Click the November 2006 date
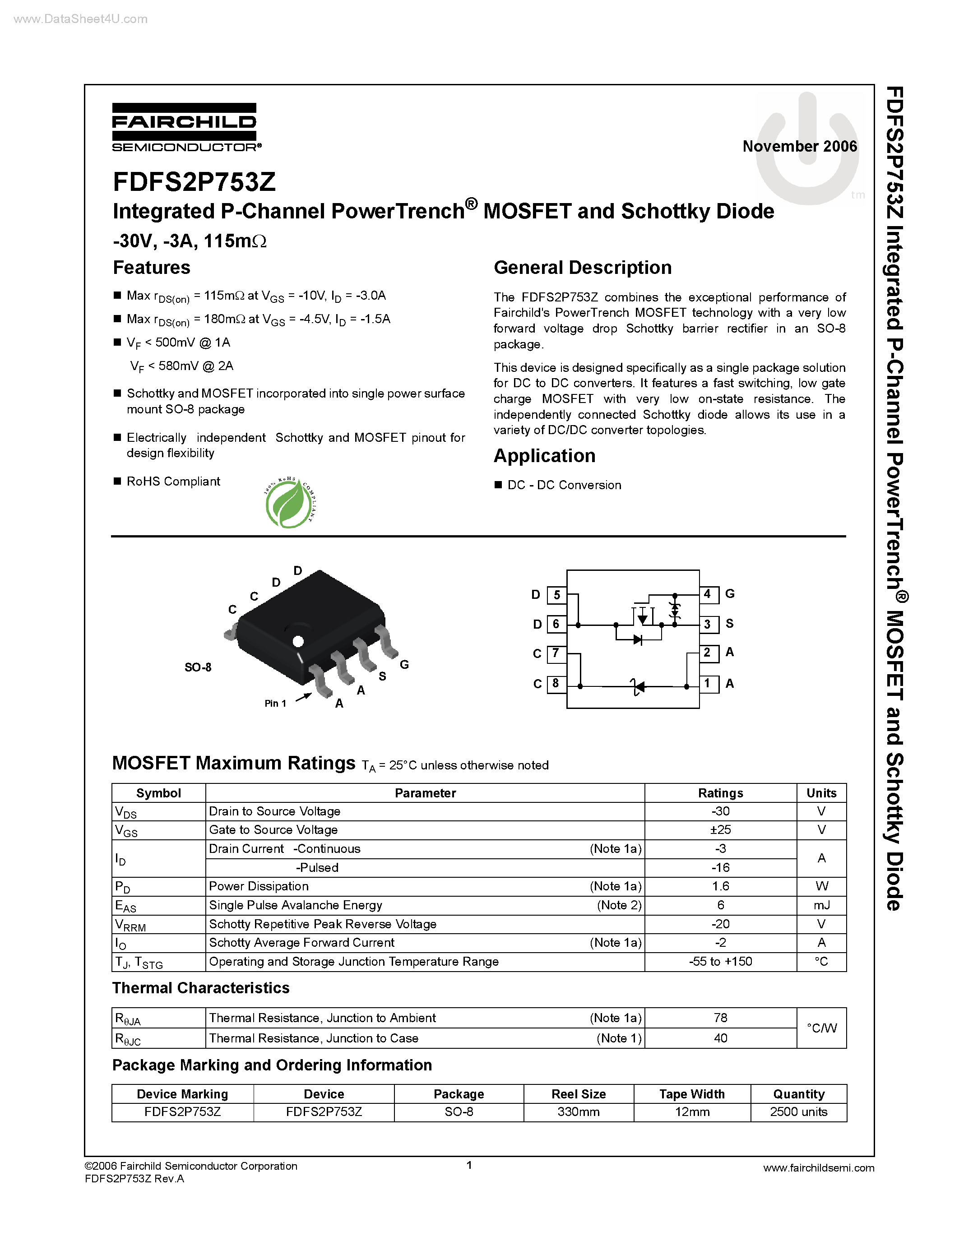(x=799, y=147)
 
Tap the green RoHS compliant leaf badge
(x=289, y=503)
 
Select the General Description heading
(x=582, y=268)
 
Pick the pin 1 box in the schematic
(x=708, y=683)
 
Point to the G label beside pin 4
(x=730, y=594)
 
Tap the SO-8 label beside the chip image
(x=198, y=667)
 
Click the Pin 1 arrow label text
(x=276, y=704)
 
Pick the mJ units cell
(x=821, y=905)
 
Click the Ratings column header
(x=720, y=793)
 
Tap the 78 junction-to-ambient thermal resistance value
(x=720, y=1018)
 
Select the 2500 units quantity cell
(x=798, y=1112)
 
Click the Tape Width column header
(x=692, y=1094)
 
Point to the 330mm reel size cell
(x=579, y=1112)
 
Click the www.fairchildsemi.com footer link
(x=819, y=1168)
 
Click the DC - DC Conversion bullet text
(x=564, y=485)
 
